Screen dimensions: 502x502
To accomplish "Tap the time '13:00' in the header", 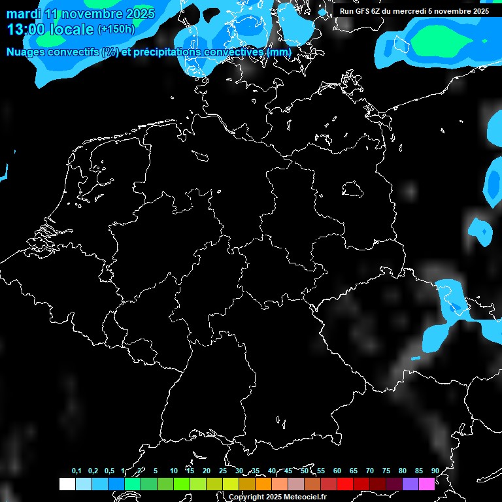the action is pos(26,29).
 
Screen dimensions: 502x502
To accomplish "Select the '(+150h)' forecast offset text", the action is pos(116,29).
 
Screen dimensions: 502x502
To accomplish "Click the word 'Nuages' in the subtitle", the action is pos(26,52).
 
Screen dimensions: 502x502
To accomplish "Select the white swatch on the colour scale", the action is pos(67,484).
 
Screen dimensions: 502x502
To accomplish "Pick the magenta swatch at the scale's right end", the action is pos(427,484).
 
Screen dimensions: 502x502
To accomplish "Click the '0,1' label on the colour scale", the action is pos(76,471).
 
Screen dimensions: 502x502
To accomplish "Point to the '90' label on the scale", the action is pos(435,471).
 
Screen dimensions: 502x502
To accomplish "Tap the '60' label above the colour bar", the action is pos(337,471).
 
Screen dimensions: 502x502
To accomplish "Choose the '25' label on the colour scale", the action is pos(222,471).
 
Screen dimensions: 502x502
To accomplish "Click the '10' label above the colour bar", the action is pos(173,471).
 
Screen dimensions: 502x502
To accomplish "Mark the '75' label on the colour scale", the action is pos(386,471).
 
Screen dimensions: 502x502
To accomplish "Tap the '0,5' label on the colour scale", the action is pos(109,471).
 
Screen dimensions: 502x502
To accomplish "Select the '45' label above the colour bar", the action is pos(288,471).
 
